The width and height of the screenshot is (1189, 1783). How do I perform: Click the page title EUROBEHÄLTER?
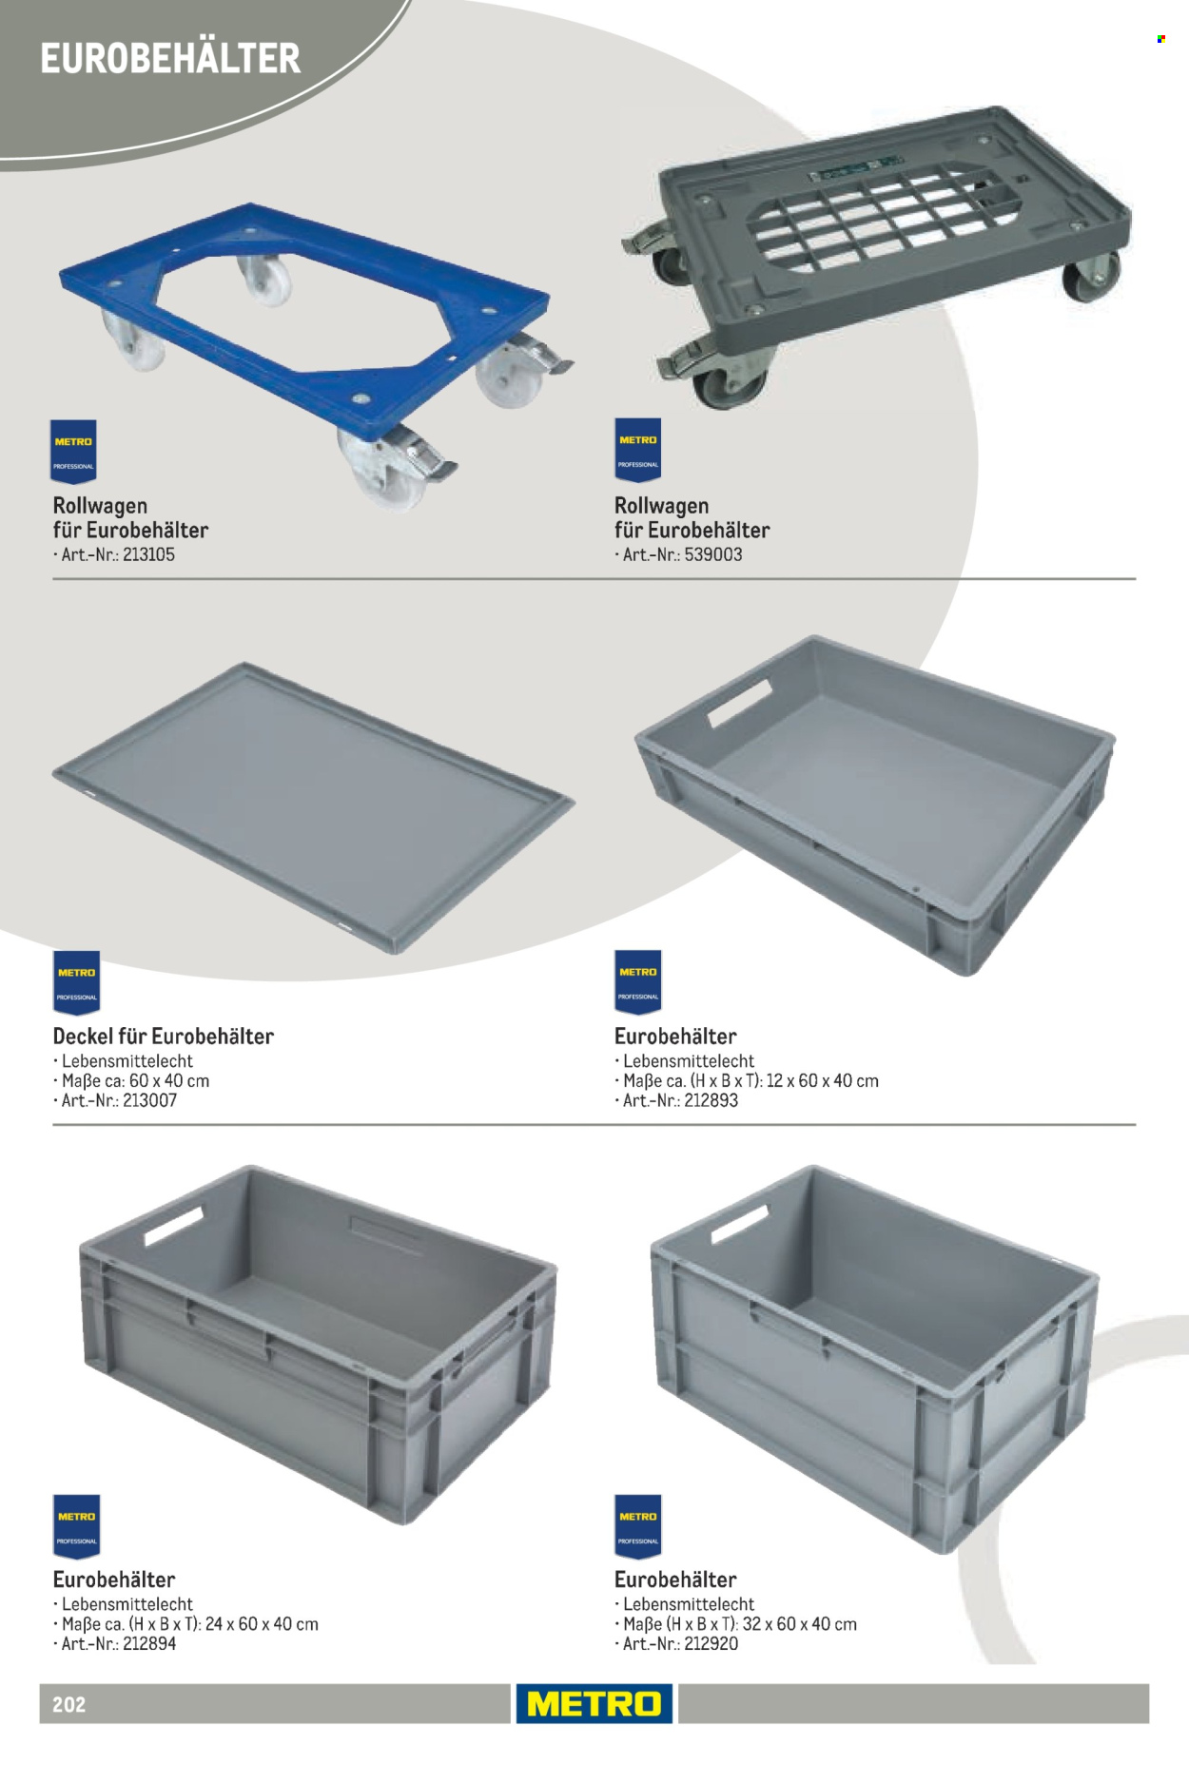click(x=170, y=59)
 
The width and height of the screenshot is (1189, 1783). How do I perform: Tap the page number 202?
click(x=69, y=1704)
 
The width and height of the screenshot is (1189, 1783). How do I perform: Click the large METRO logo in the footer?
click(x=594, y=1703)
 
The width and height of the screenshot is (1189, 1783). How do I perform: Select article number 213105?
click(x=148, y=554)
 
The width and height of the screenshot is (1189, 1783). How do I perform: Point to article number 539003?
click(x=713, y=554)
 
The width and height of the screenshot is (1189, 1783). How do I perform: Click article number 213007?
click(x=149, y=1100)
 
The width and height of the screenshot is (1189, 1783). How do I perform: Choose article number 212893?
click(x=711, y=1100)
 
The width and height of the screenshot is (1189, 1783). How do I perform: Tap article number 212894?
click(x=149, y=1643)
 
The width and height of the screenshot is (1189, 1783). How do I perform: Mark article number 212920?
click(x=711, y=1643)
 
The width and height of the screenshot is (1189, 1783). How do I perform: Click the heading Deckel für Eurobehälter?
click(x=164, y=1037)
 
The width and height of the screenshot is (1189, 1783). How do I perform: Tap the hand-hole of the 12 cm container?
click(x=740, y=704)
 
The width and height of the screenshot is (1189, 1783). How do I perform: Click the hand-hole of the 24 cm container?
click(x=174, y=1226)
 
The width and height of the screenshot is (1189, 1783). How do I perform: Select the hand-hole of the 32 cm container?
click(x=739, y=1224)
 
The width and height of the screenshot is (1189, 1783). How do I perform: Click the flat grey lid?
click(x=314, y=807)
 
